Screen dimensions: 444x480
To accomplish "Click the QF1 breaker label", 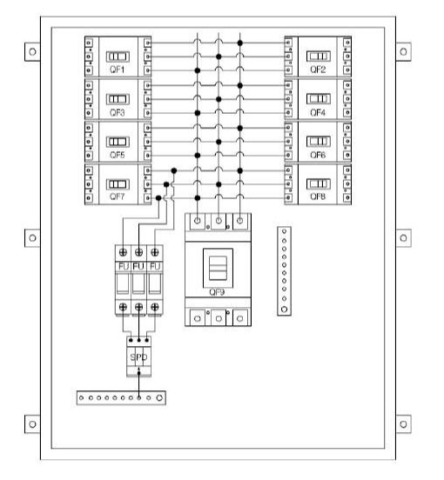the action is pyautogui.click(x=118, y=70).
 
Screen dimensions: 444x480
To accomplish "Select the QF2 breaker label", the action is pyautogui.click(x=318, y=70).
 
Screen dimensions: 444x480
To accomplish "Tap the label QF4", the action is pyautogui.click(x=318, y=113).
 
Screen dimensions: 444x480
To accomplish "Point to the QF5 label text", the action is pyautogui.click(x=118, y=155).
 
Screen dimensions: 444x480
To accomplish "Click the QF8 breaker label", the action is pyautogui.click(x=318, y=197).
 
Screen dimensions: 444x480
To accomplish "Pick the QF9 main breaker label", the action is pyautogui.click(x=217, y=292).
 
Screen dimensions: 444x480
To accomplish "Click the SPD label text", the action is pyautogui.click(x=138, y=357).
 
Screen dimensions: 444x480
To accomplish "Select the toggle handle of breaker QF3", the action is pyautogui.click(x=118, y=99).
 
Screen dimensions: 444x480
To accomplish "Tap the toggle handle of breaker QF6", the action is pyautogui.click(x=319, y=142).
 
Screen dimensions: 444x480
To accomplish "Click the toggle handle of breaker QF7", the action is pyautogui.click(x=118, y=184).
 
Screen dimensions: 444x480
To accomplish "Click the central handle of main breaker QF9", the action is pyautogui.click(x=218, y=268).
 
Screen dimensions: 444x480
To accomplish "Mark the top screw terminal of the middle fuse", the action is pyautogui.click(x=138, y=252).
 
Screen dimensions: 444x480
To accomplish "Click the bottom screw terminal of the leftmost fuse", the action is pyautogui.click(x=123, y=307).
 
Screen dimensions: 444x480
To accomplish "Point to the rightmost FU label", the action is pyautogui.click(x=155, y=267).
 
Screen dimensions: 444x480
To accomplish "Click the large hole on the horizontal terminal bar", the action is pyautogui.click(x=159, y=397).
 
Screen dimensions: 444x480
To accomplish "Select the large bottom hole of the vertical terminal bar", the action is pyautogui.click(x=284, y=310).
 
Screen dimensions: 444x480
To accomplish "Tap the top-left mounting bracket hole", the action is pyautogui.click(x=32, y=51).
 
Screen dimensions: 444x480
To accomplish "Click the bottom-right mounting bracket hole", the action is pyautogui.click(x=404, y=424).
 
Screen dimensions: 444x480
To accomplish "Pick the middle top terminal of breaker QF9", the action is pyautogui.click(x=219, y=220).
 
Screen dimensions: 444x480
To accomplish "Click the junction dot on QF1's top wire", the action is pyautogui.click(x=240, y=43).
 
